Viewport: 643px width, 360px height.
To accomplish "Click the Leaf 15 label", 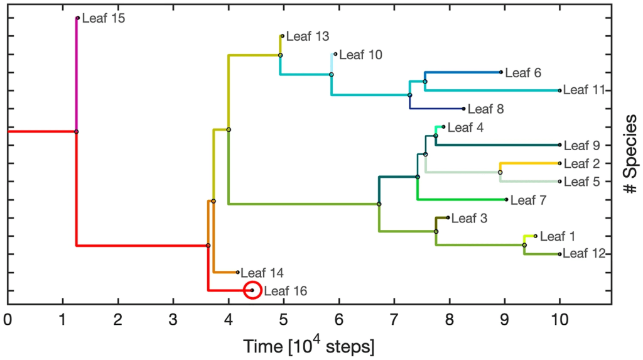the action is (x=104, y=18).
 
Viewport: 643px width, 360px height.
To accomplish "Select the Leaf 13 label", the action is (x=308, y=36).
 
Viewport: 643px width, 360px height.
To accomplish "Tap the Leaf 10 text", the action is (x=361, y=55).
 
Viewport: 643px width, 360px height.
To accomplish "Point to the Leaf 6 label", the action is (x=523, y=73).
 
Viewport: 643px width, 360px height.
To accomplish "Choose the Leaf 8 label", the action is (x=486, y=109).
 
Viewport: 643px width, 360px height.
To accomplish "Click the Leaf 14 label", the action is (x=262, y=273).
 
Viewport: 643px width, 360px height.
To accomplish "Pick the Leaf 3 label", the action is (x=470, y=218).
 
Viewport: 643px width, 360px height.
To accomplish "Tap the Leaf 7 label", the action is (x=529, y=200).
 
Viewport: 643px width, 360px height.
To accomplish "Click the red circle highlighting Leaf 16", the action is (x=252, y=281).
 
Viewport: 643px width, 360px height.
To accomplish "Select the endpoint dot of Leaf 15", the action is (x=77, y=18).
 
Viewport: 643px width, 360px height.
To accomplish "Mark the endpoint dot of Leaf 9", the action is (x=559, y=145).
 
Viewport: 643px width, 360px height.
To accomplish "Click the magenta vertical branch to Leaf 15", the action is (x=77, y=75).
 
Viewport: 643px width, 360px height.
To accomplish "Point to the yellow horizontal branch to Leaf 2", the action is (x=530, y=163).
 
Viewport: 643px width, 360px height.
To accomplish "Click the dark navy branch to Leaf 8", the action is (x=437, y=109).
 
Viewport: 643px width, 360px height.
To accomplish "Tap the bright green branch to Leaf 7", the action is (x=462, y=200).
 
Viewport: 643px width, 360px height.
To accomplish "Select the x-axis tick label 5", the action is (x=284, y=319).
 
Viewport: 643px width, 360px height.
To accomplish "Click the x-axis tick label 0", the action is (x=8, y=319).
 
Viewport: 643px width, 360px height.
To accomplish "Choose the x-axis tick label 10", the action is (x=559, y=319).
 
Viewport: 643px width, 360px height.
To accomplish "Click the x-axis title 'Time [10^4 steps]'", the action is (x=309, y=346).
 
